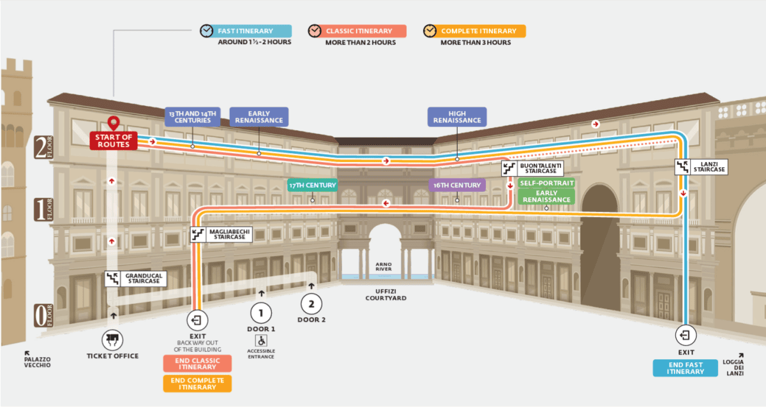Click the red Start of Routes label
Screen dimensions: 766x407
tap(114, 140)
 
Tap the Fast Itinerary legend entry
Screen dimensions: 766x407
tap(246, 31)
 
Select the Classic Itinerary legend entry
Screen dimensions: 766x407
tap(357, 31)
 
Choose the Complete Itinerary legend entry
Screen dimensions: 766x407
tap(474, 31)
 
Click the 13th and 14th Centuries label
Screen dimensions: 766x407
tap(193, 117)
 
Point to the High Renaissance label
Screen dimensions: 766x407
tap(457, 117)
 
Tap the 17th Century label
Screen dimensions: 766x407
tap(313, 185)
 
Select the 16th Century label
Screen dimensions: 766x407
tap(457, 185)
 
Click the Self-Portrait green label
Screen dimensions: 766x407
tap(546, 183)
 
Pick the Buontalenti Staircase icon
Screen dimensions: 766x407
tap(509, 168)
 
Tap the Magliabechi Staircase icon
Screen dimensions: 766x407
tap(198, 234)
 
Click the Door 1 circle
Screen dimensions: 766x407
tap(261, 313)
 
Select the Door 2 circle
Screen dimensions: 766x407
tap(312, 304)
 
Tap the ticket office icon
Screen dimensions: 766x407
tap(112, 340)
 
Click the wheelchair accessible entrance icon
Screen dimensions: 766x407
tap(261, 341)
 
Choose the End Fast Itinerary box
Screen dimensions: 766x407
tap(686, 368)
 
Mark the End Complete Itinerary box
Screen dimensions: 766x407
tap(197, 384)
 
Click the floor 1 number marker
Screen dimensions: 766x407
tap(43, 209)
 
